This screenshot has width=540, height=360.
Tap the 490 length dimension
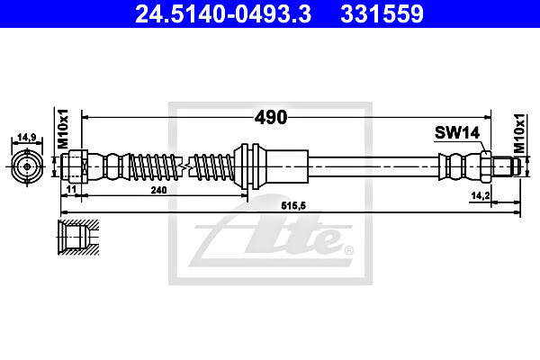(271, 117)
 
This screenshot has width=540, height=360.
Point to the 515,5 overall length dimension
(287, 206)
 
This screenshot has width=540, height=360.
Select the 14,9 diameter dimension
(27, 139)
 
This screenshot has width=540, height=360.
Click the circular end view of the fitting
(27, 166)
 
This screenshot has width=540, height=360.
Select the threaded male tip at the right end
(508, 166)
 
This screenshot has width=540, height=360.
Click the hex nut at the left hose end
(76, 166)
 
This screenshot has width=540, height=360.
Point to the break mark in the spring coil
(184, 166)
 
